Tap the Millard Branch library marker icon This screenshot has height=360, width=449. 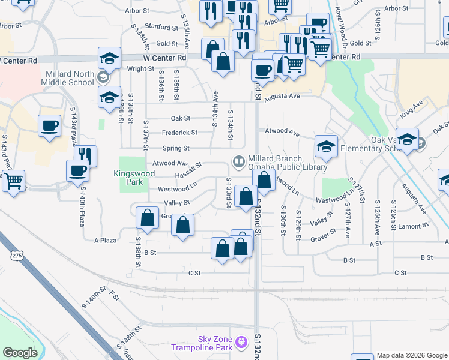coord(239,161)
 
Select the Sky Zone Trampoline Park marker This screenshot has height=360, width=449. coord(241,342)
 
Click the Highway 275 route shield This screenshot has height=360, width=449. coord(16,256)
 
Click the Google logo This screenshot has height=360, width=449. coord(20,353)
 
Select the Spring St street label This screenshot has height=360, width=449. coord(176,148)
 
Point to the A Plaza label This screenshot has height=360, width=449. coord(105,240)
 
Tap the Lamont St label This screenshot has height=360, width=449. coord(414,226)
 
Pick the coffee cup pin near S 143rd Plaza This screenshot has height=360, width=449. coord(50,126)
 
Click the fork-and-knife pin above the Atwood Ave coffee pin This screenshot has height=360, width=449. coord(86,156)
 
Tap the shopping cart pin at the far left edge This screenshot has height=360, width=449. coord(14,180)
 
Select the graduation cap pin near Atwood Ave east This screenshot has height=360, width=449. coord(325,146)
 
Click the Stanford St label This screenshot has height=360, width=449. coord(158,26)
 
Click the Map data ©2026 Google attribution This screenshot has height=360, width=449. coord(412,355)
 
